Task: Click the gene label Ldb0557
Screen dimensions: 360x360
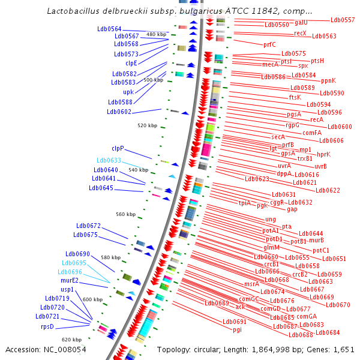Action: (x=343, y=20)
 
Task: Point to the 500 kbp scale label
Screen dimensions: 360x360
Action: (x=153, y=80)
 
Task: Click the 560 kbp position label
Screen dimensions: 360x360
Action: (x=126, y=214)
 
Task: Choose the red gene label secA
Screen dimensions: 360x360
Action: (x=278, y=137)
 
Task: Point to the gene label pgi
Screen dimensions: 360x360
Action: (x=237, y=329)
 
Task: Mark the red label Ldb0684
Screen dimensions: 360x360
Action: (x=328, y=332)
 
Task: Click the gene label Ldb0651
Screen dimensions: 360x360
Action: (x=334, y=259)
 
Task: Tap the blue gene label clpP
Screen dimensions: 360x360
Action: (x=117, y=148)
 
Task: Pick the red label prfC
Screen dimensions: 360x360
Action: (x=269, y=44)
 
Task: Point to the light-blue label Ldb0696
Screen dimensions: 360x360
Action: (x=77, y=272)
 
